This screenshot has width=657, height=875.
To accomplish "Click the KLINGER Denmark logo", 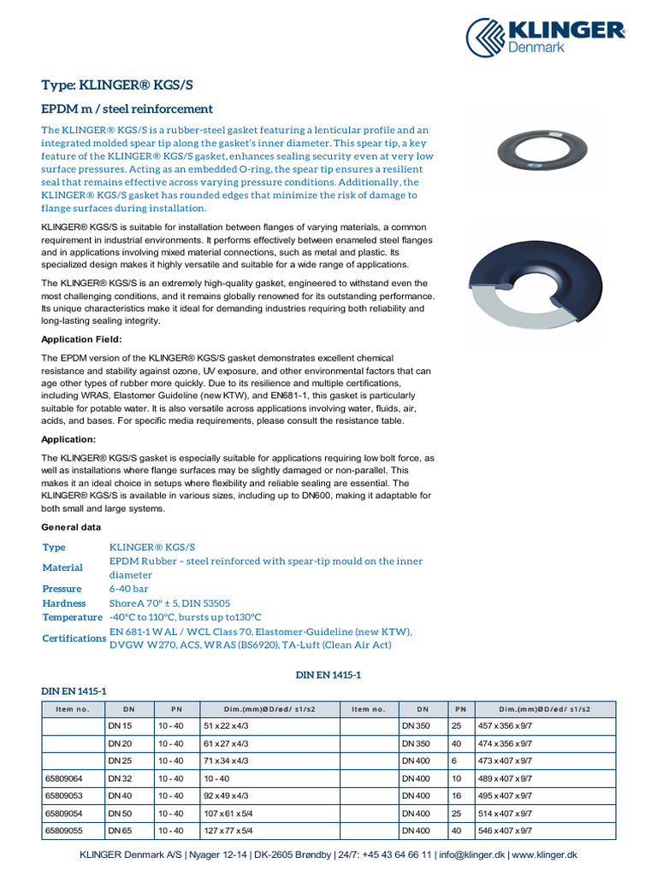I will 545,37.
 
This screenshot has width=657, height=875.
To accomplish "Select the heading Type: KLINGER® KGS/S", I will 123,85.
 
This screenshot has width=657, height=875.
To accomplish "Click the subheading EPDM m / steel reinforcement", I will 127,109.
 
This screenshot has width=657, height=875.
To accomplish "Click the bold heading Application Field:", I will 82,340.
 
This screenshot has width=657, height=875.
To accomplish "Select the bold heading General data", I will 71,527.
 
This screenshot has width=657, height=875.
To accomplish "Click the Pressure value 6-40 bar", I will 129,589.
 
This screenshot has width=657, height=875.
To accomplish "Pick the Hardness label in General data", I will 64,603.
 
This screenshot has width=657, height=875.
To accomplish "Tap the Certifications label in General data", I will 74,638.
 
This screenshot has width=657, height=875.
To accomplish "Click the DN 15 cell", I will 121,725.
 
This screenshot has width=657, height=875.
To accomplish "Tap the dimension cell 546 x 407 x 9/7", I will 505,830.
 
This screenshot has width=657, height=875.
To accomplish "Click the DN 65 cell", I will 121,830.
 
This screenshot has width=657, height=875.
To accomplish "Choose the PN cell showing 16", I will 456,796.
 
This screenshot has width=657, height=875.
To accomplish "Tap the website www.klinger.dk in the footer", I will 545,855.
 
